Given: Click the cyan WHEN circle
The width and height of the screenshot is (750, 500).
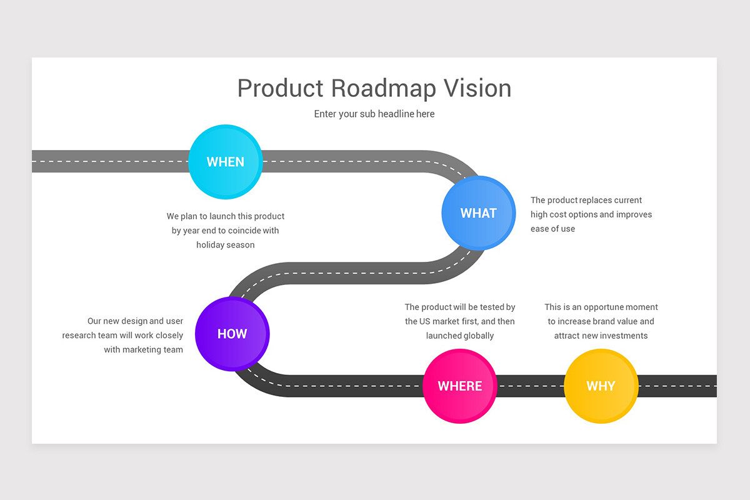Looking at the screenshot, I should (226, 162).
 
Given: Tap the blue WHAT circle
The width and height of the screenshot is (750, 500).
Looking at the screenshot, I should (479, 213).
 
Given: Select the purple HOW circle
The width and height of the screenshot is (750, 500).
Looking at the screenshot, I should (232, 334).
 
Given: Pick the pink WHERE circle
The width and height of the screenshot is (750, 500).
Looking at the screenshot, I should (460, 386).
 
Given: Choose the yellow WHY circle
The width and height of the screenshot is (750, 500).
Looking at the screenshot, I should (601, 386).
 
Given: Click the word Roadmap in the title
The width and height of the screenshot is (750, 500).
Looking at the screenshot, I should (383, 88).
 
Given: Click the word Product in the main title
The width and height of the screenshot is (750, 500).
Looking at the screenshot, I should (281, 88).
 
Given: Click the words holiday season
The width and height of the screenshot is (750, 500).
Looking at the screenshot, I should (226, 245).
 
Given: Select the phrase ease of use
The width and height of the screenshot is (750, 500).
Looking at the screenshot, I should (553, 229).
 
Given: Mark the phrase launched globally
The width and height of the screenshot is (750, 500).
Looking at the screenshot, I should (460, 336).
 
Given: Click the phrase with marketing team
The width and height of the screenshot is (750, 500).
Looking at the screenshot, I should (144, 350).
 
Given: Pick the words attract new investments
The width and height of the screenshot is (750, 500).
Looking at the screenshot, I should (601, 336).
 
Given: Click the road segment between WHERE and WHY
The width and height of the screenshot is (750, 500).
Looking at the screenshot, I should (530, 386).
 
